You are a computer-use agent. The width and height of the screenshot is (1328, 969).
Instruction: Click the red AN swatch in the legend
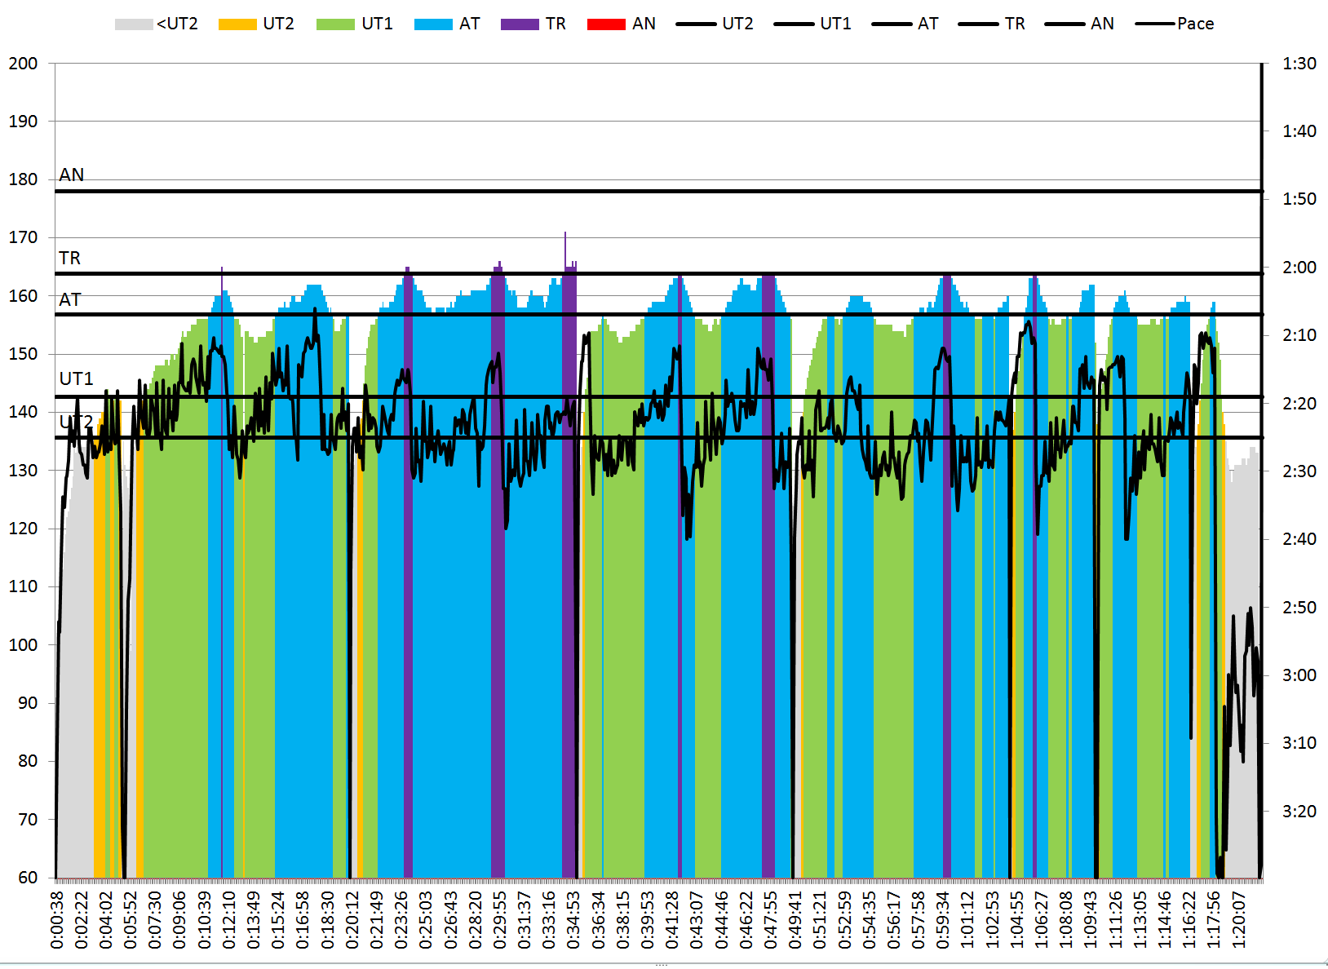[606, 24]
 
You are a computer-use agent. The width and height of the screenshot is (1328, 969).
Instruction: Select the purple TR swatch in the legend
[520, 24]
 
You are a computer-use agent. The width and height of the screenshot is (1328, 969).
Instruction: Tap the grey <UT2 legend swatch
[134, 24]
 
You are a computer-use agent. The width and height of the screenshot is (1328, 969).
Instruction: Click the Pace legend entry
[1175, 24]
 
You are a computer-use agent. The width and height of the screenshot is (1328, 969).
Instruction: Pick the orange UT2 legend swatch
[237, 24]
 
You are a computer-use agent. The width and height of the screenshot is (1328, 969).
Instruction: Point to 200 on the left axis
[23, 64]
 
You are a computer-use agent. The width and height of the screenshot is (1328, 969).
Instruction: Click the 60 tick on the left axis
[28, 878]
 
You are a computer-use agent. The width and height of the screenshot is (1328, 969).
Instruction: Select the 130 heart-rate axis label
[23, 471]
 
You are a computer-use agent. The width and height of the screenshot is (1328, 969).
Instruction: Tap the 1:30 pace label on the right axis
[1299, 64]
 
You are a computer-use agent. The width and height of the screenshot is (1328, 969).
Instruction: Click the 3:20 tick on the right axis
[1299, 812]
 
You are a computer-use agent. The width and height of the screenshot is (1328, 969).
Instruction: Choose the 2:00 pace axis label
[1299, 268]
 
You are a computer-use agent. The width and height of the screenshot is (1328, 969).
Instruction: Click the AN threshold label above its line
[72, 175]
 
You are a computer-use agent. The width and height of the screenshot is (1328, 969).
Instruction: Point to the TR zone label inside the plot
[70, 259]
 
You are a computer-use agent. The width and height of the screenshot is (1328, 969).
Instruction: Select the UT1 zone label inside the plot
[77, 379]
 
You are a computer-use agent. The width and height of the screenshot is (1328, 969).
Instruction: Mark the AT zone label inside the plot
[70, 300]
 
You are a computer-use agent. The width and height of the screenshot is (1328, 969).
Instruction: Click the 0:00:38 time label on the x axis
[57, 920]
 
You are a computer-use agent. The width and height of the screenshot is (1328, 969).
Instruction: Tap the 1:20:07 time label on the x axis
[1239, 920]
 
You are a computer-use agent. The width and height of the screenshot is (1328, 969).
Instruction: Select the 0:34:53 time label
[574, 920]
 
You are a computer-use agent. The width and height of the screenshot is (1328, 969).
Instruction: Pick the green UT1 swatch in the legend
[335, 24]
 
